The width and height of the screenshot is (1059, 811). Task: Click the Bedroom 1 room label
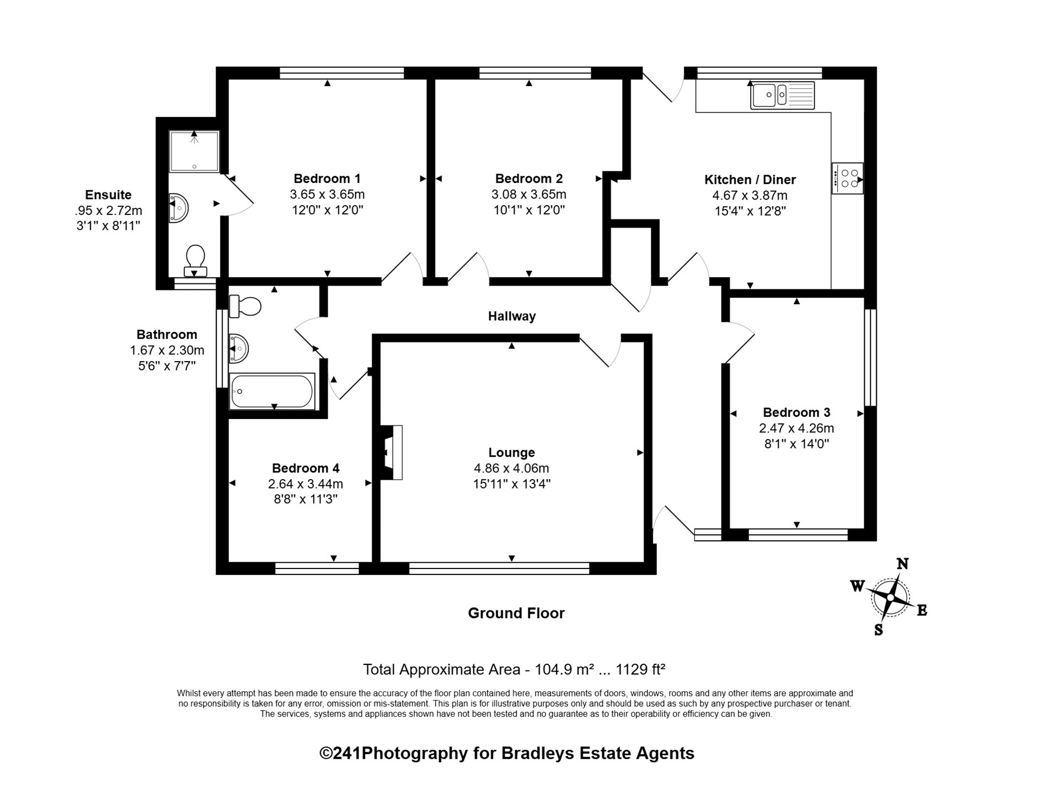[327, 179]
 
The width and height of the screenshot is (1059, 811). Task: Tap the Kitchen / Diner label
[750, 180]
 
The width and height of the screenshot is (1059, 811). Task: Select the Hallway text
[512, 316]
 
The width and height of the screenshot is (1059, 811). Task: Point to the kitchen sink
[782, 95]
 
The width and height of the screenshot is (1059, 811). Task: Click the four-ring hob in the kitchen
[847, 179]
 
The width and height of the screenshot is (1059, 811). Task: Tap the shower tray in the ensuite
[194, 152]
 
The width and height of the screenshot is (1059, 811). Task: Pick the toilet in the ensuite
[195, 261]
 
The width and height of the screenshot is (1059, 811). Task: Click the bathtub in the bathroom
[272, 391]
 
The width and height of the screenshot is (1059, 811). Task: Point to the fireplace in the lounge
[392, 452]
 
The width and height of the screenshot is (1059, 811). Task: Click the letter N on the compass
[902, 563]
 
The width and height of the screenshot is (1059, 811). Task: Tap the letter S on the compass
[879, 630]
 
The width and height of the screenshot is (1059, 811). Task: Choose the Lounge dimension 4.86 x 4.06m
[511, 469]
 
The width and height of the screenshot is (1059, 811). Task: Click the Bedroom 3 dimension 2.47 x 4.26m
[796, 428]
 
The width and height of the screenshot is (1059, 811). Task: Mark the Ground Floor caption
[516, 613]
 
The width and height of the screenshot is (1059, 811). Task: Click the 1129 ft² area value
[640, 669]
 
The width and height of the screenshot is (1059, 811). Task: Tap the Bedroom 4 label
[306, 469]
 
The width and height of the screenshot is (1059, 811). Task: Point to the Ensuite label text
[108, 195]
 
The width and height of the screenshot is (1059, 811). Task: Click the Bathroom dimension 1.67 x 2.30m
[167, 350]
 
